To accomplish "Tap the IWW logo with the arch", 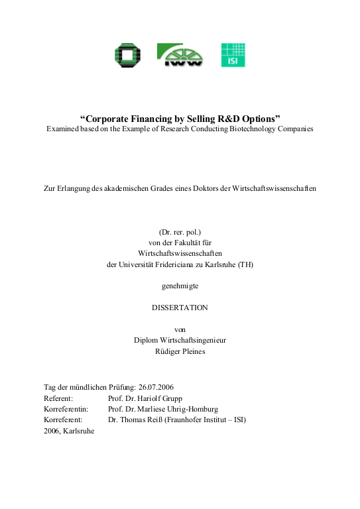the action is (179, 54).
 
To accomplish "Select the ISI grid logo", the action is (232, 54).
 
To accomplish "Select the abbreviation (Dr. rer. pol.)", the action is (180, 233).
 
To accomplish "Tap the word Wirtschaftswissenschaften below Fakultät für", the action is (180, 254).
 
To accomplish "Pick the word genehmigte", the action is (180, 286).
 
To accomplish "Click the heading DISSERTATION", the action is (180, 308).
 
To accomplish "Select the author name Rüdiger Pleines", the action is (180, 351).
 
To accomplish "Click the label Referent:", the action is (58, 398).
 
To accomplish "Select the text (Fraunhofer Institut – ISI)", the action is (205, 420).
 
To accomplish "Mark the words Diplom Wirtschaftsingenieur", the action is (180, 340).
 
